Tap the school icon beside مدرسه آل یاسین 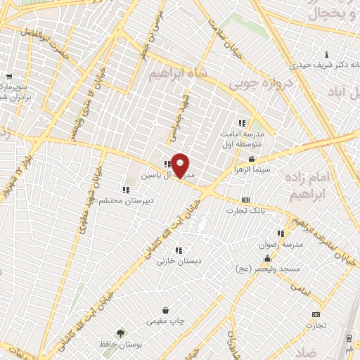tap(167, 164)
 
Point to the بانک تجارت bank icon tap(245, 200)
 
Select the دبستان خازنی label tap(179, 261)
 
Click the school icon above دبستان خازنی tap(179, 250)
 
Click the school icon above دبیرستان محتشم tap(125, 190)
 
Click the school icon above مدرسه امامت tap(243, 123)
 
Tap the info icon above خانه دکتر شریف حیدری tap(326, 55)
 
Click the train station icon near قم tap(349, 337)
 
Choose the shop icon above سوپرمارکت tap(8, 77)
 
